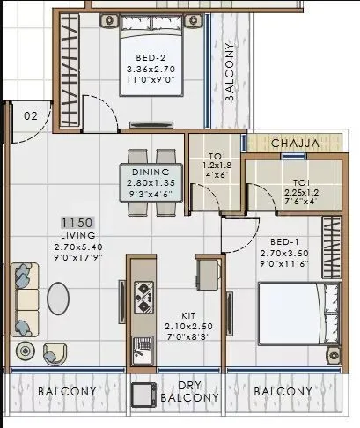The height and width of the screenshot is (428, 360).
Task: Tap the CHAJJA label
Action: (x=293, y=143)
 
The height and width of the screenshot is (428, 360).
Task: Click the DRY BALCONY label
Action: (x=189, y=391)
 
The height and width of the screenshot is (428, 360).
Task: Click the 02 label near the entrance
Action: (x=31, y=115)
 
